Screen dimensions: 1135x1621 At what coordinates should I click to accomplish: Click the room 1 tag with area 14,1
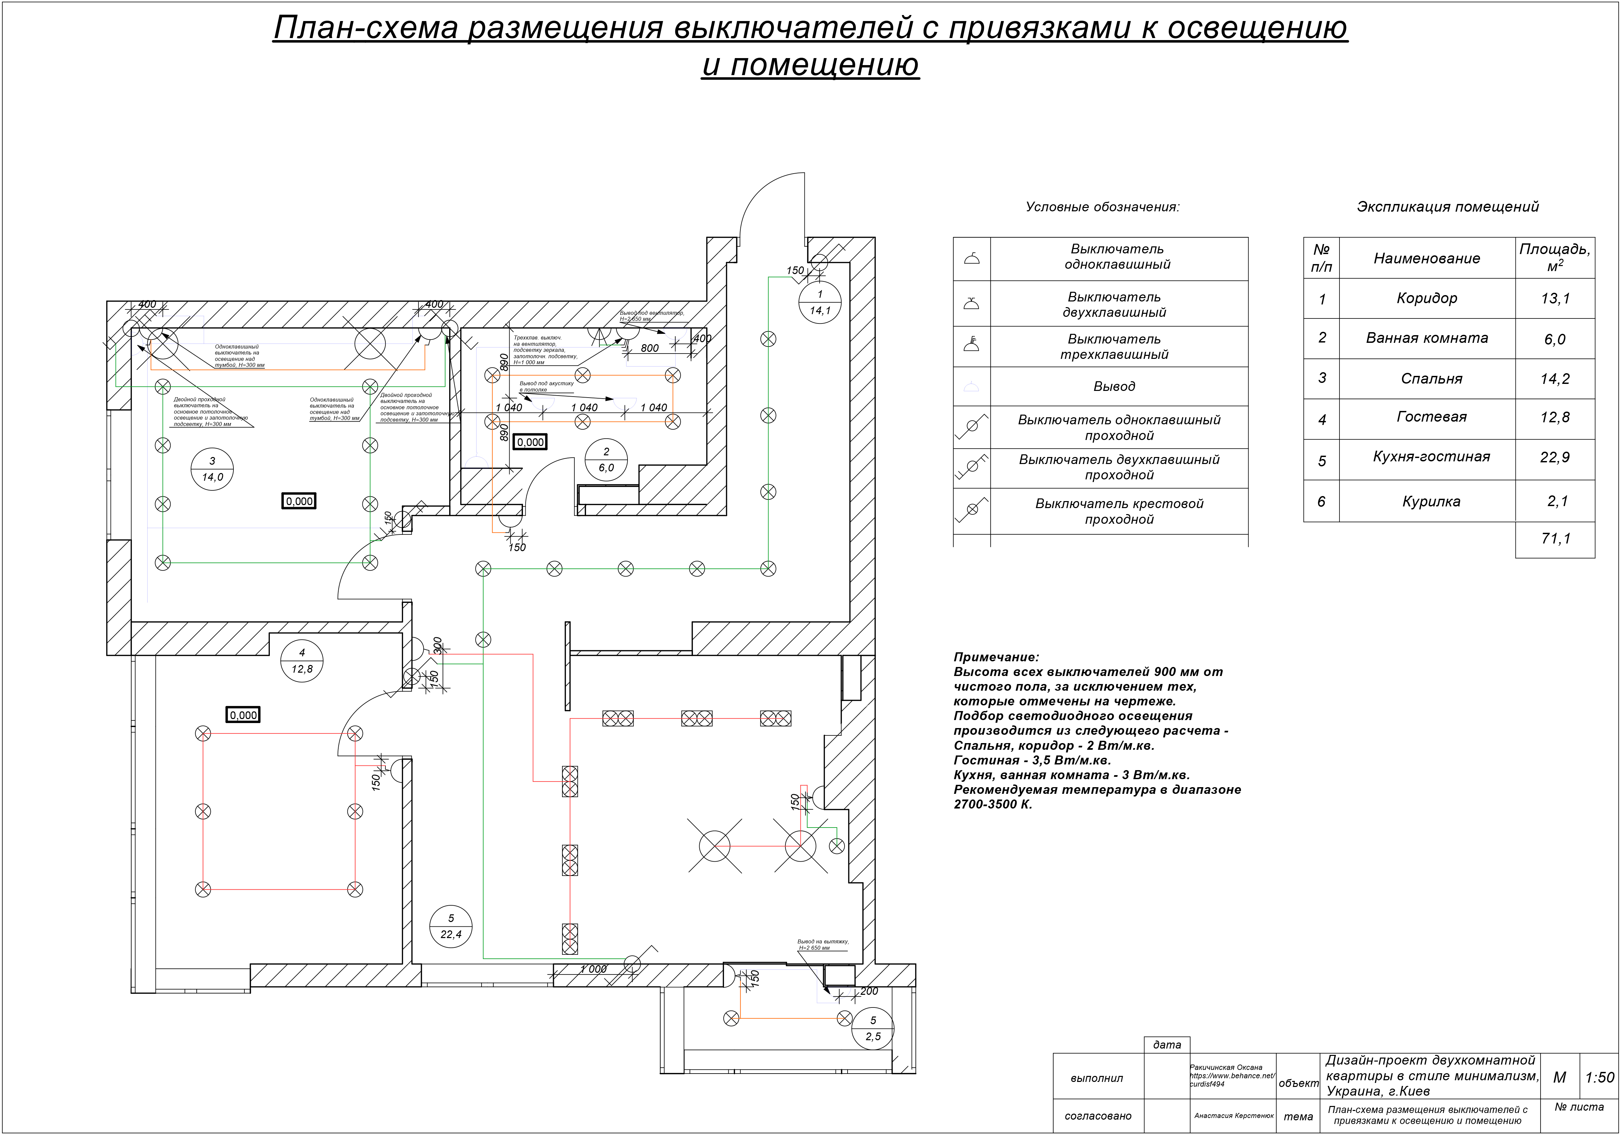click(x=820, y=302)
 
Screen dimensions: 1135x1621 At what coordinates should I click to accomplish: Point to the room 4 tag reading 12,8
click(x=302, y=661)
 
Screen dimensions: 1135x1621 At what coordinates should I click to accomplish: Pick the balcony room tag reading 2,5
click(x=873, y=1029)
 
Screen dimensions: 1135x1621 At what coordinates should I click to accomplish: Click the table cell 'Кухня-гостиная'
click(x=1431, y=457)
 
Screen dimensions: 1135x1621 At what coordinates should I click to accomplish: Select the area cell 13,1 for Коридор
click(x=1555, y=298)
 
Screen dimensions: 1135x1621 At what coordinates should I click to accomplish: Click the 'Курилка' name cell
click(x=1431, y=502)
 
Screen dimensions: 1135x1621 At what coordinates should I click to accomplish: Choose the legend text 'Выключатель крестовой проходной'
click(x=1119, y=511)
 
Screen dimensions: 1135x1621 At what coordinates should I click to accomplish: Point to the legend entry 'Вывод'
click(x=1114, y=386)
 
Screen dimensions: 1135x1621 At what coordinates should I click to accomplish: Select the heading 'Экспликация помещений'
click(x=1447, y=207)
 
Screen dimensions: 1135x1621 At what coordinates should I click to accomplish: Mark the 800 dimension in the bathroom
click(x=650, y=348)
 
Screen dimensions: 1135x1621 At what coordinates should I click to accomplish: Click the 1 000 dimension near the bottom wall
click(x=593, y=969)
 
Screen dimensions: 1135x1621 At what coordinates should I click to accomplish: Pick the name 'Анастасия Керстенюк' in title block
click(x=1233, y=1116)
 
